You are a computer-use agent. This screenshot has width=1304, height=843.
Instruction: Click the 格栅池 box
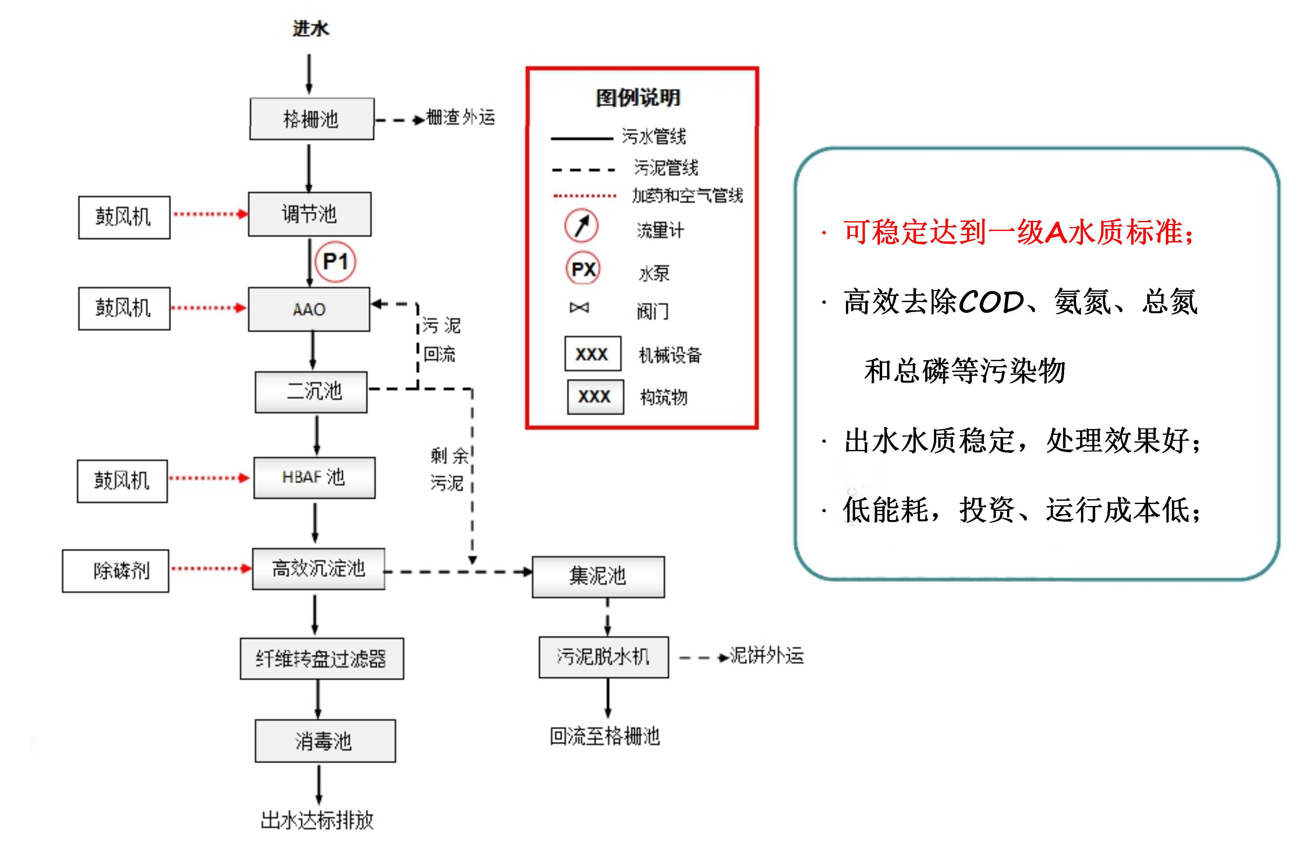point(312,119)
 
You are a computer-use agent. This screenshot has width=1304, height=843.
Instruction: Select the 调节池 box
point(310,214)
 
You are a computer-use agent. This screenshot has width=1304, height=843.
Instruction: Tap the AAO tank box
point(309,309)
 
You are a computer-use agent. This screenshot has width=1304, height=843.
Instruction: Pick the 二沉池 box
point(311,392)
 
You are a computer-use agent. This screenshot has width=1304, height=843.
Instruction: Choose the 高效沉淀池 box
point(319,569)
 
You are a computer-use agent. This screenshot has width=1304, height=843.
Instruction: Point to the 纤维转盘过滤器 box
point(322,659)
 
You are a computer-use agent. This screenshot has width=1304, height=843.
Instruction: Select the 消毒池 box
point(325,741)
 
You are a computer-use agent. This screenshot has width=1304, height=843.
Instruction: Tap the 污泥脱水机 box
point(603,657)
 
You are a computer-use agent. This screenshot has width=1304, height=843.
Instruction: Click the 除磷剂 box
point(115,571)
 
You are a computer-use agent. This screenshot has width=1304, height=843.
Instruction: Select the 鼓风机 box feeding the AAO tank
point(124,308)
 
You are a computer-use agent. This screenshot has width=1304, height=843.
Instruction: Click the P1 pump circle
point(335,262)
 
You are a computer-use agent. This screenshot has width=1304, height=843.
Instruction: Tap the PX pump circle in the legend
point(583,268)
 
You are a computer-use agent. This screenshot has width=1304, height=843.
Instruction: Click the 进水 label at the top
point(310,28)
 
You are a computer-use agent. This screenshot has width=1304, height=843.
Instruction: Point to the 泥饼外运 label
point(766,655)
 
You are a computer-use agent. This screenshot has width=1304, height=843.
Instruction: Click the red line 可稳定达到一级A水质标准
point(1017,232)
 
